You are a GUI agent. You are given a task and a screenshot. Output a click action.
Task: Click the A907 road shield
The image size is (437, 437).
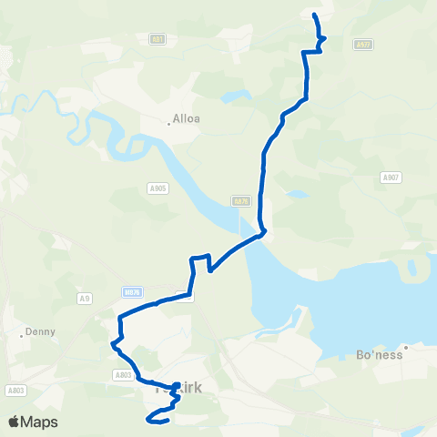(391, 178)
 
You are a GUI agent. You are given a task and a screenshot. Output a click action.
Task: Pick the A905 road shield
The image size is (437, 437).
(157, 188)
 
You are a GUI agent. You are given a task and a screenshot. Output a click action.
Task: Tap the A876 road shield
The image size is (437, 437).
(240, 201)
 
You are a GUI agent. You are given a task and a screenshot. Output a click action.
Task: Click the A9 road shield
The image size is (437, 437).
(86, 296)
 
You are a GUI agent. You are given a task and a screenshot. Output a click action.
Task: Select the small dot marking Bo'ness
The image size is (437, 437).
(408, 346)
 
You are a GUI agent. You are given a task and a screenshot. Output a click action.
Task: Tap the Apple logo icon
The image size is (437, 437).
(15, 422)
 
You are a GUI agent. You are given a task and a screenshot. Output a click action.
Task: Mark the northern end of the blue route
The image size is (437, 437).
(315, 15)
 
